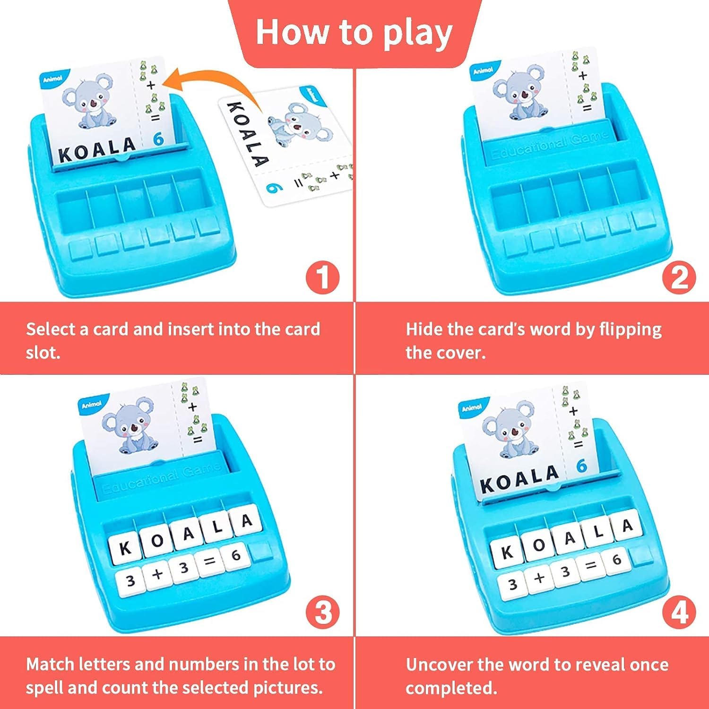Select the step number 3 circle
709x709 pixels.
tap(322, 613)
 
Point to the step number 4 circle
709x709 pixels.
tap(679, 613)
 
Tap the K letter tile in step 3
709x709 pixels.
tap(124, 548)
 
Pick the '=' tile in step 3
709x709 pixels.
tap(210, 562)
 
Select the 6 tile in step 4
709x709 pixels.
tap(616, 561)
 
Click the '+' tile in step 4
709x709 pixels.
tap(539, 578)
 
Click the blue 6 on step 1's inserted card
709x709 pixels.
tap(158, 139)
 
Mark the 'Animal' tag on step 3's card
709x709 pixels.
tap(92, 405)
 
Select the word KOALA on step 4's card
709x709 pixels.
tap(519, 478)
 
